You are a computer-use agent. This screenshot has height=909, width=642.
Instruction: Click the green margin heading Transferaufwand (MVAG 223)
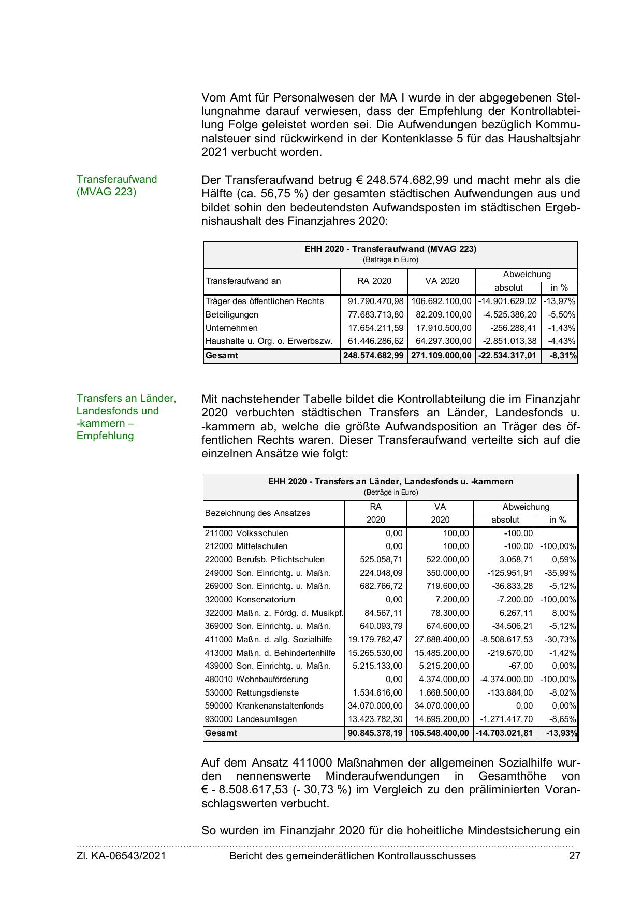click(116, 185)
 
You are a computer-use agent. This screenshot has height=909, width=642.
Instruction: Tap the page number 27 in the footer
click(574, 856)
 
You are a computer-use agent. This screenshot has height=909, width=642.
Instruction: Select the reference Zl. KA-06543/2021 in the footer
click(121, 856)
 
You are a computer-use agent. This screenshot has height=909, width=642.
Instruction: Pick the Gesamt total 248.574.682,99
click(373, 356)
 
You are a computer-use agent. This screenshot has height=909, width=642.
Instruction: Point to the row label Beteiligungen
click(231, 315)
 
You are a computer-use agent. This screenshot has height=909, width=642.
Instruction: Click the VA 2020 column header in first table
click(442, 281)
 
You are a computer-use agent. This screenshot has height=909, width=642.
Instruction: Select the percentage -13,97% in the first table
click(560, 301)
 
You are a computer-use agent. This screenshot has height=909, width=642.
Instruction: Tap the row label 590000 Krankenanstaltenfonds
click(264, 706)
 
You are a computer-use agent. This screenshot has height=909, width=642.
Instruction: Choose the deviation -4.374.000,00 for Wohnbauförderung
click(506, 680)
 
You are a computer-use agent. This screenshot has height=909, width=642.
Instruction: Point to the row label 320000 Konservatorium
click(250, 600)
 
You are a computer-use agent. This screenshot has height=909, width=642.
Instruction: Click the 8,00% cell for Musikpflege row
click(564, 613)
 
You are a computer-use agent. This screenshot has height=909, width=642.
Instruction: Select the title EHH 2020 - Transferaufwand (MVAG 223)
click(390, 249)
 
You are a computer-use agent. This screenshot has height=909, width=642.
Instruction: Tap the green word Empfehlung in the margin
click(105, 436)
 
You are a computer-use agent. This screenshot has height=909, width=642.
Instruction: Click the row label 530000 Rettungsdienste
click(252, 693)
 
